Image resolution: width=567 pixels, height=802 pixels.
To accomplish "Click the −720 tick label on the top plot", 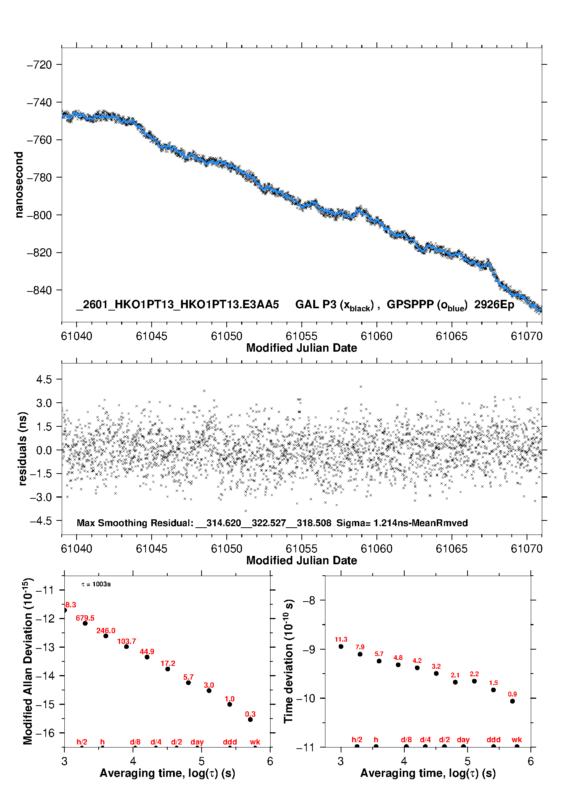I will click(x=39, y=65).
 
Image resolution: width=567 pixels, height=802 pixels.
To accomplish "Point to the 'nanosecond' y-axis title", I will click(x=19, y=185).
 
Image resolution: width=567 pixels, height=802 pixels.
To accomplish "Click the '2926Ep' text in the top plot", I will click(x=494, y=305).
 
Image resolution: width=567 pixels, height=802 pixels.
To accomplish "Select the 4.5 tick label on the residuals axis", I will click(x=44, y=379).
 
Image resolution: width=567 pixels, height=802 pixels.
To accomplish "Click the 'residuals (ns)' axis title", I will click(x=23, y=448).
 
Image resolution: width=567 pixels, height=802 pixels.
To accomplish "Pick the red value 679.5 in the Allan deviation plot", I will click(x=85, y=618).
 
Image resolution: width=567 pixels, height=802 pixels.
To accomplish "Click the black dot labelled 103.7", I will click(x=127, y=647).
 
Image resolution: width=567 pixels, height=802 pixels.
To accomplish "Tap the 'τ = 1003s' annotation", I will click(x=96, y=584).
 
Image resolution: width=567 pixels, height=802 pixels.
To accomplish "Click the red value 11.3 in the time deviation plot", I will click(x=341, y=639).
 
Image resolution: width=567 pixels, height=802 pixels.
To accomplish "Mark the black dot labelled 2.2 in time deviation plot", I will click(x=474, y=681).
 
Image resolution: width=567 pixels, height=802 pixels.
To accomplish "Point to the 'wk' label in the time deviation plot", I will click(x=517, y=740).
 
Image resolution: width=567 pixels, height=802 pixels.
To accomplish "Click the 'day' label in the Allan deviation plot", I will click(x=197, y=742).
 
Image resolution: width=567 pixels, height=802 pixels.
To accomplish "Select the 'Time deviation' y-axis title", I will click(x=288, y=661).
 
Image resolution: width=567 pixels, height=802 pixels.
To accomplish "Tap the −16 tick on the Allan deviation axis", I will click(x=45, y=733).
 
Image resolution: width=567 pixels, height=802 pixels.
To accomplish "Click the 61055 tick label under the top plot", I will click(x=301, y=336).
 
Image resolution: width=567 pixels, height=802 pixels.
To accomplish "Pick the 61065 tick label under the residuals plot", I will click(x=452, y=549).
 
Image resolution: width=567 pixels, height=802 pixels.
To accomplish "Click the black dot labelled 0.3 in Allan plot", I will click(x=250, y=720).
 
